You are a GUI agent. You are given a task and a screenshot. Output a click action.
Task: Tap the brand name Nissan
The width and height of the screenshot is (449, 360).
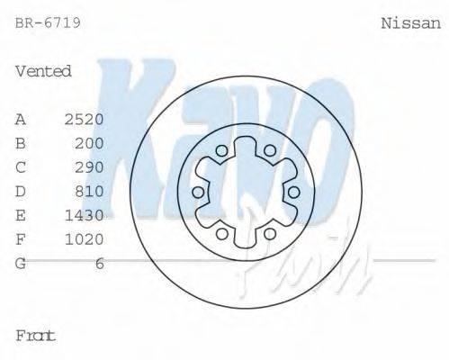click(410, 22)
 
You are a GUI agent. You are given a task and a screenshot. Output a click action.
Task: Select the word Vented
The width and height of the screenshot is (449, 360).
click(43, 71)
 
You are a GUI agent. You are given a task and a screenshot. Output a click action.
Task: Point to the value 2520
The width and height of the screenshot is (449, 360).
click(85, 119)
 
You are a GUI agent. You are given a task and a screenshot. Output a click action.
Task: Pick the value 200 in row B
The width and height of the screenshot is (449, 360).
click(89, 143)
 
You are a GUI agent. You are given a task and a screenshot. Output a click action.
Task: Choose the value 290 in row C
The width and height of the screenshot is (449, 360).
click(89, 167)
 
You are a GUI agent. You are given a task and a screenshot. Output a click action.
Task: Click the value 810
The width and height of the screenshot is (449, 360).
click(89, 191)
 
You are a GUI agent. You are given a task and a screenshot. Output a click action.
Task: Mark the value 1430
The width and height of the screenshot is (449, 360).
click(85, 215)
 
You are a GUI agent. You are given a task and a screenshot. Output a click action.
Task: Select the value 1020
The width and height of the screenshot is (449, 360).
click(85, 239)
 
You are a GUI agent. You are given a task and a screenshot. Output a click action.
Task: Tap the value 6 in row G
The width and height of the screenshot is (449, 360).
click(99, 263)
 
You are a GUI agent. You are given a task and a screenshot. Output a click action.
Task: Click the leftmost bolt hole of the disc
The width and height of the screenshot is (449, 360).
click(198, 193)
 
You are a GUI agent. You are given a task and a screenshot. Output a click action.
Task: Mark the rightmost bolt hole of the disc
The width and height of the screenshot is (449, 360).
click(292, 192)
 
